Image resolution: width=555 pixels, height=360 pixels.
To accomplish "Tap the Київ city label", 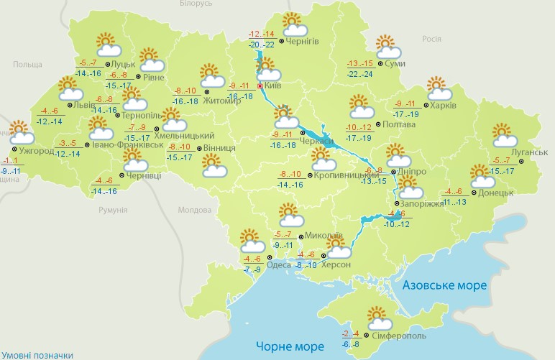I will pos(272,86).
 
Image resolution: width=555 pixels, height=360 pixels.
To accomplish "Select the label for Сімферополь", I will pos(399,336).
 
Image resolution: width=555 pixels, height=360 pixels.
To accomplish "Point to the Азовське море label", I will pos(444,285).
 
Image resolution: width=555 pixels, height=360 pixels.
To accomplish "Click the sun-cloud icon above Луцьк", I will pos(106,45).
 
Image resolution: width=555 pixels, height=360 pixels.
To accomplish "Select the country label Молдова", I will pos(193,210).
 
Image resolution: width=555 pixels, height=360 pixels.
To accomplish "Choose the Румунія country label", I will pos(112,210).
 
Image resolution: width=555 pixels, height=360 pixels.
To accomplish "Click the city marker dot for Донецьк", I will pos(474,193).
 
